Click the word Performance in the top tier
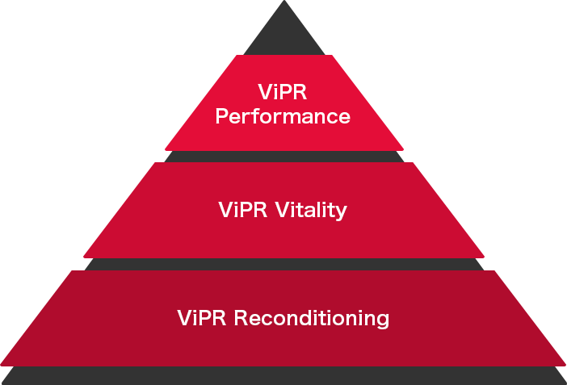coord(284,116)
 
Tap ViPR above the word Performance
coord(283,90)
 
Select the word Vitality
coord(311,210)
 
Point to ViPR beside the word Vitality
coord(244,210)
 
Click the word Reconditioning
coord(312,318)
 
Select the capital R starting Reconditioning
coord(241,317)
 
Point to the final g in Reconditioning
coord(381,320)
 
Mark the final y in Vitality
coord(341,213)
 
